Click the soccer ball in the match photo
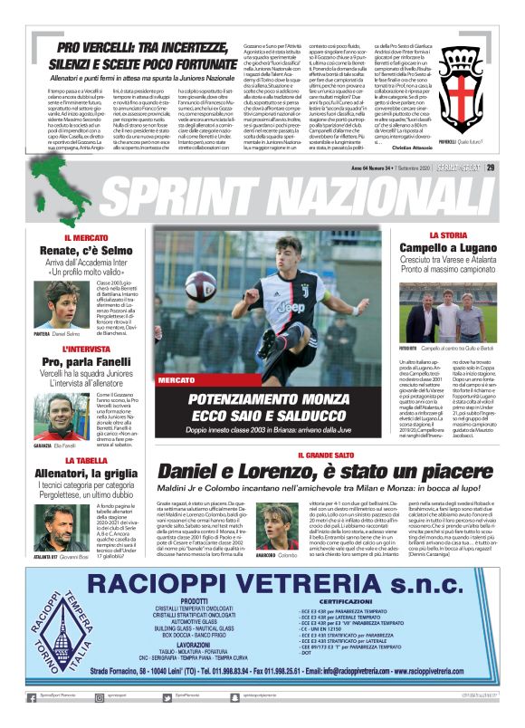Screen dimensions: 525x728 (201, 286)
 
